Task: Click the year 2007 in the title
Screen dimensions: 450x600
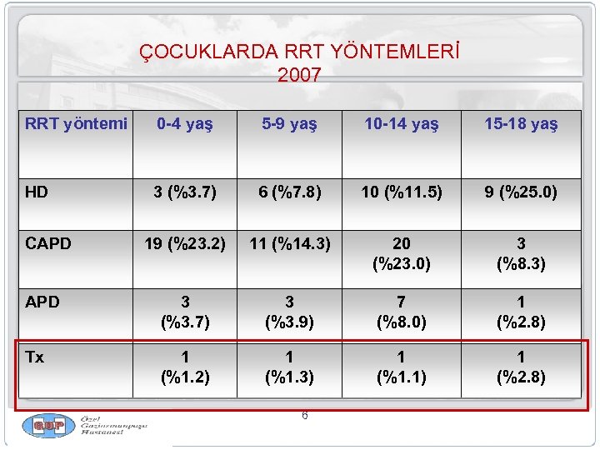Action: [299, 75]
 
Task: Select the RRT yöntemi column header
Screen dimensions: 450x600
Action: [76, 124]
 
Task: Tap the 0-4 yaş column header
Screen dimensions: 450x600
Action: [185, 124]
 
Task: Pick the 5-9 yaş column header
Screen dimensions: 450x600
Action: [289, 124]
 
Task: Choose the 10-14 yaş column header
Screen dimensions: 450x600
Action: [401, 124]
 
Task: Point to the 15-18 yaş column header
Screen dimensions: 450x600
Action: [521, 124]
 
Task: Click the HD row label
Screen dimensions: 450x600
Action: [37, 192]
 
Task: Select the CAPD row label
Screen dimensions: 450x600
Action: [48, 244]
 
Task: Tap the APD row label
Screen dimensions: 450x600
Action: [42, 302]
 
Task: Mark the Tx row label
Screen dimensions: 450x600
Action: [35, 357]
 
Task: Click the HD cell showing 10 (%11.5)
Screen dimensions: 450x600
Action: [401, 192]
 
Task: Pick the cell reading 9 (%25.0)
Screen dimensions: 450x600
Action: [521, 192]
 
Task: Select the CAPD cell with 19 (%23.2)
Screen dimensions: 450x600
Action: [185, 244]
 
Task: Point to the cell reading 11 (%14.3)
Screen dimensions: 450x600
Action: [289, 244]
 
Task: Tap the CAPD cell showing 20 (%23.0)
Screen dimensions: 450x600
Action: [401, 253]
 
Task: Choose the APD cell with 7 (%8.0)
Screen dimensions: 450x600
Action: [401, 312]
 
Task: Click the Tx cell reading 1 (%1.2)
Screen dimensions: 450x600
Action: [185, 367]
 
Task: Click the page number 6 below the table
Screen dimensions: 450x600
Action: [304, 415]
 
